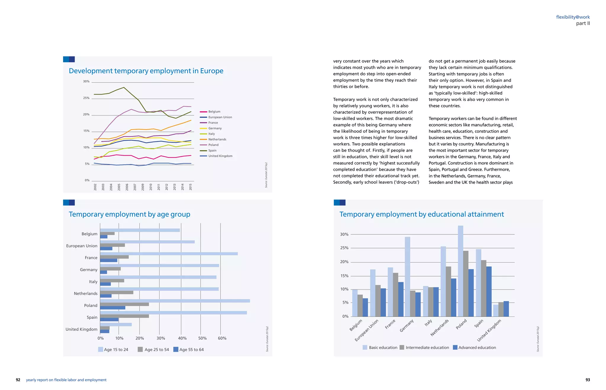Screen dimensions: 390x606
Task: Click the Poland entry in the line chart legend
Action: (x=213, y=145)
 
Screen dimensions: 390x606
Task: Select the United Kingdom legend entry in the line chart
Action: (x=220, y=156)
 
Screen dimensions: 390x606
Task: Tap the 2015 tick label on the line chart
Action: (x=191, y=187)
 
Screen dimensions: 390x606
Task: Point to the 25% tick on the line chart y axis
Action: (x=86, y=98)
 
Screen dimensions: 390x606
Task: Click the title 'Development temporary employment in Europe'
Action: (x=146, y=71)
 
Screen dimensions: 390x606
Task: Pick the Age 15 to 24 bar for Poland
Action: (x=175, y=301)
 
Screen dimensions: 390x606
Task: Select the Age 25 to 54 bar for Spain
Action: (x=124, y=316)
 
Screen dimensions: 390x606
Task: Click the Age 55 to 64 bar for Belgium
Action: (x=104, y=237)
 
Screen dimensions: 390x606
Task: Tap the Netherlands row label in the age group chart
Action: (x=86, y=293)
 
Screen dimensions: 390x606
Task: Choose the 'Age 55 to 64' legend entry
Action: (x=188, y=349)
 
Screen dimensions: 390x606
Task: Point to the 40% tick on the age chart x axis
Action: (x=182, y=338)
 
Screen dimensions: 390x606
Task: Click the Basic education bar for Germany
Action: (x=407, y=276)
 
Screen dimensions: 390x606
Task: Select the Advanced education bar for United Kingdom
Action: (x=506, y=309)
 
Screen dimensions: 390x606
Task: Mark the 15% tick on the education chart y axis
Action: (x=344, y=276)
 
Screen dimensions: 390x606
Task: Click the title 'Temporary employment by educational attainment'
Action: (x=421, y=214)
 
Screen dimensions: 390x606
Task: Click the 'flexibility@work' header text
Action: (x=573, y=17)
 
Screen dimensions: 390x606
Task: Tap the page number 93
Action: (x=588, y=380)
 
